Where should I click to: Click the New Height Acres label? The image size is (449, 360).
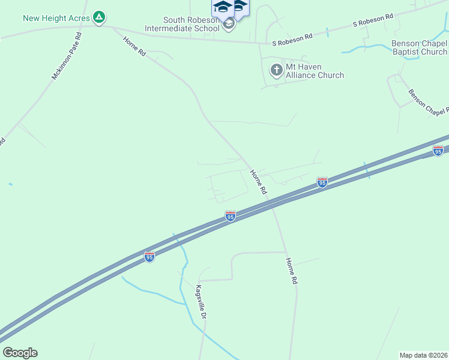[56, 18]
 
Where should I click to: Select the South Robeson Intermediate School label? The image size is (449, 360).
[186, 24]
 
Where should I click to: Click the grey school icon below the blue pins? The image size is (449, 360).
[228, 25]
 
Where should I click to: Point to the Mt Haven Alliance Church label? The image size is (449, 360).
[315, 71]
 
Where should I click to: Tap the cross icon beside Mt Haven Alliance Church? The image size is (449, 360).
[276, 70]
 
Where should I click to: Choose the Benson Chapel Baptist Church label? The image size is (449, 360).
[419, 48]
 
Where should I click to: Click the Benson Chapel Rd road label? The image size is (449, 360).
[428, 101]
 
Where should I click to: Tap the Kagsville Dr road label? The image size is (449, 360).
[201, 302]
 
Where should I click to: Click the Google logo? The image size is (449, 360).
[20, 353]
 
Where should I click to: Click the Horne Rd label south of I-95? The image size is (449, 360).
[292, 271]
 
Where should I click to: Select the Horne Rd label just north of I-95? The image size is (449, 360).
[258, 182]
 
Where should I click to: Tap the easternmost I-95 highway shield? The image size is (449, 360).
[438, 151]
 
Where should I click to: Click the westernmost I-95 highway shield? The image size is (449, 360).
[149, 257]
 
